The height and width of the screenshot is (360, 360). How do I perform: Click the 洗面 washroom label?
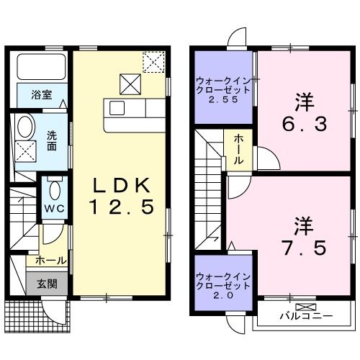pos(53,140)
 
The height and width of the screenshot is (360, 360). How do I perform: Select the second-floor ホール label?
pos(238,150)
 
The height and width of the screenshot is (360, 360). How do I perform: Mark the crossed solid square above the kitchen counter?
pos(130,85)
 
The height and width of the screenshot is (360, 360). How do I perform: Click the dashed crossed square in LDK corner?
pos(153,63)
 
